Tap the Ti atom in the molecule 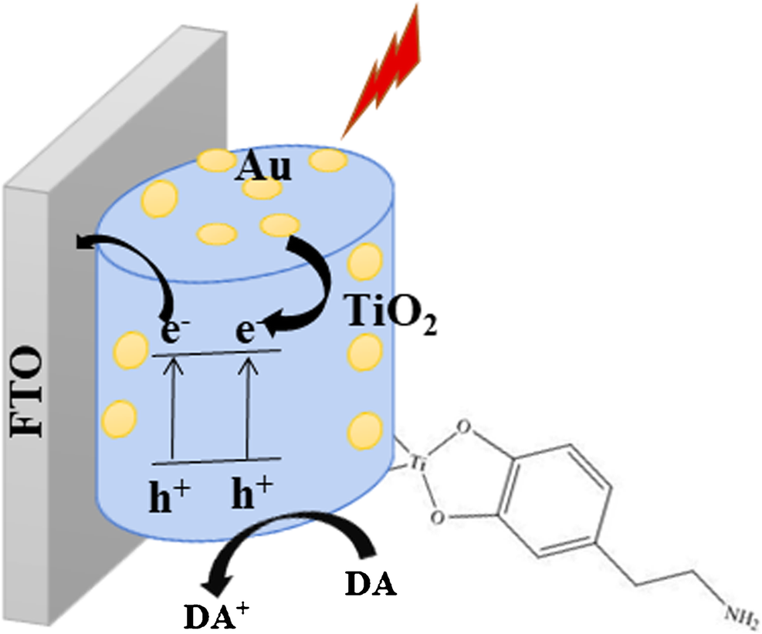click(418, 464)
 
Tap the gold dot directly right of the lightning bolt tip click(325, 160)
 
